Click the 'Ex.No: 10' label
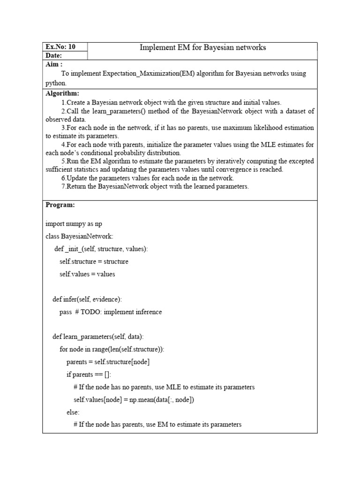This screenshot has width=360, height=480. click(x=60, y=47)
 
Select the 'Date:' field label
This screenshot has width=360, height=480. click(x=54, y=55)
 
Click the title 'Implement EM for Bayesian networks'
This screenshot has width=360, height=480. click(x=203, y=47)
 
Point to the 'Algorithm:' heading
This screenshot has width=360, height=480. click(x=62, y=94)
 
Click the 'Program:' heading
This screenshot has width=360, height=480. click(x=60, y=205)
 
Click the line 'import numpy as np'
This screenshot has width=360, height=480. click(x=74, y=224)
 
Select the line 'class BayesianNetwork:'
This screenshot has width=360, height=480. click(x=79, y=236)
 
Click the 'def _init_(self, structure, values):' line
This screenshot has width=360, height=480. click(x=101, y=249)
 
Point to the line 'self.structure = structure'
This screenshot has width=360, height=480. click(x=94, y=262)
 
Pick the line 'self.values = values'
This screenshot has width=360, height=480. click(x=87, y=274)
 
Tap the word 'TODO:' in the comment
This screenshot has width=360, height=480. click(x=92, y=312)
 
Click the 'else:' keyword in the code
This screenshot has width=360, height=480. click(x=73, y=412)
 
